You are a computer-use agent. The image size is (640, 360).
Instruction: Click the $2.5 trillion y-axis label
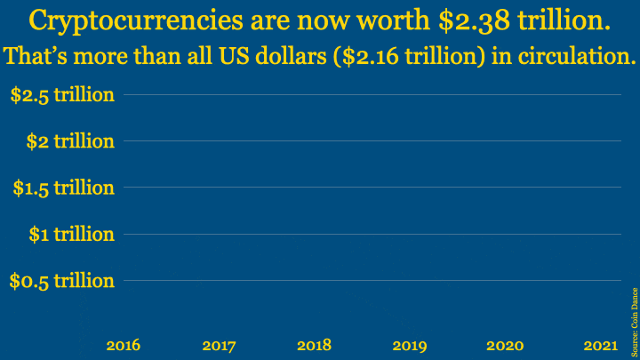click(x=62, y=95)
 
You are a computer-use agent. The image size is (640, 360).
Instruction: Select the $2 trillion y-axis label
click(x=70, y=141)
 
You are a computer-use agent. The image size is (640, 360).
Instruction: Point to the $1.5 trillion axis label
click(x=64, y=188)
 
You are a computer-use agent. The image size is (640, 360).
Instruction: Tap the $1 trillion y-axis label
click(x=72, y=235)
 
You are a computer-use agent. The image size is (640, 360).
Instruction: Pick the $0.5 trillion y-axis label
click(x=62, y=281)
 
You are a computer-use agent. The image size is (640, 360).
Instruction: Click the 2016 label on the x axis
click(x=124, y=346)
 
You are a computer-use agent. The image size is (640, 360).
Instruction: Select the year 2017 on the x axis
click(x=220, y=346)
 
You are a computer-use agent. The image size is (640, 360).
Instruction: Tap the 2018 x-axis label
click(x=315, y=346)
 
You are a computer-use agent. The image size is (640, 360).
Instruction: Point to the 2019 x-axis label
click(x=410, y=346)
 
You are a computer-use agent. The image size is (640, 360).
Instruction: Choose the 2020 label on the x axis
click(x=505, y=346)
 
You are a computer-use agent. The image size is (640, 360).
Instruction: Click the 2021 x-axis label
click(x=600, y=346)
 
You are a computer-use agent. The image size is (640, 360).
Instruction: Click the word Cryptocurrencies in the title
click(x=136, y=21)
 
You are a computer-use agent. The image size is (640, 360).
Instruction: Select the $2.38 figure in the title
click(x=475, y=20)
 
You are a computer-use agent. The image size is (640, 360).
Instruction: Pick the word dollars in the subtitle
click(x=291, y=55)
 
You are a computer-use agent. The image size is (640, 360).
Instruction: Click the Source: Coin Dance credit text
click(x=635, y=322)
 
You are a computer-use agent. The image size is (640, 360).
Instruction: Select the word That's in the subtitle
click(x=36, y=55)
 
